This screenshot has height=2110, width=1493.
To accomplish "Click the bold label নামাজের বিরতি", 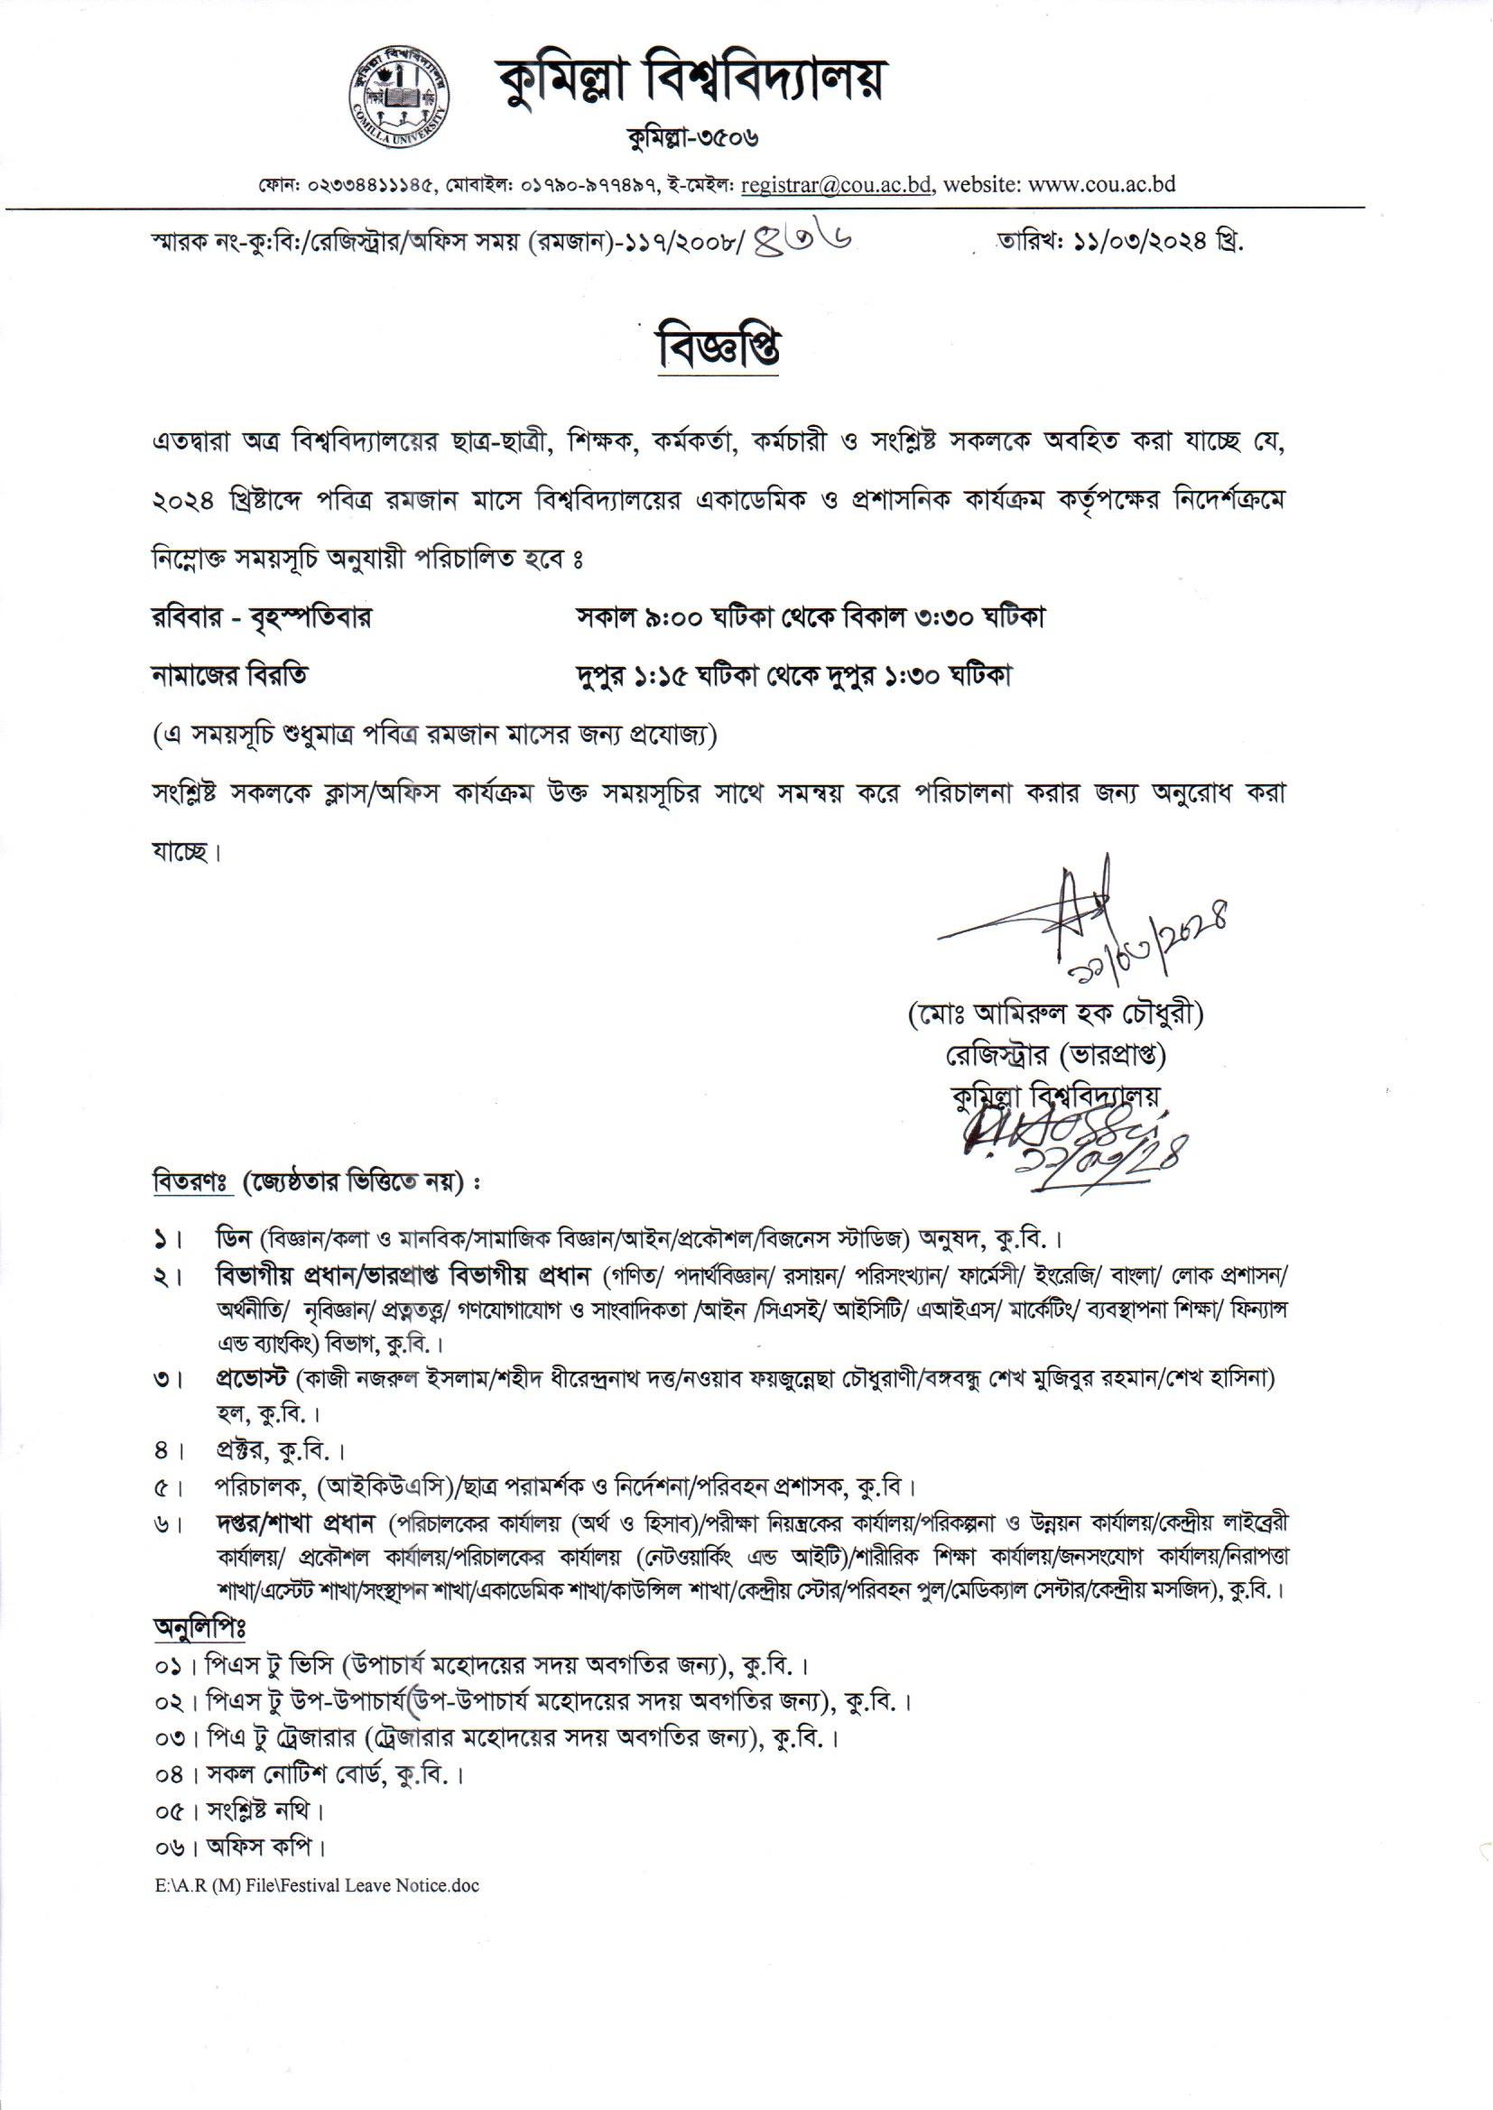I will (230, 676).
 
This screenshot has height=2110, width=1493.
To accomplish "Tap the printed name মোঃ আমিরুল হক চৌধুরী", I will (1054, 1016).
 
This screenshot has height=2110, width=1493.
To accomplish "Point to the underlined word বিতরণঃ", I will (189, 1181).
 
